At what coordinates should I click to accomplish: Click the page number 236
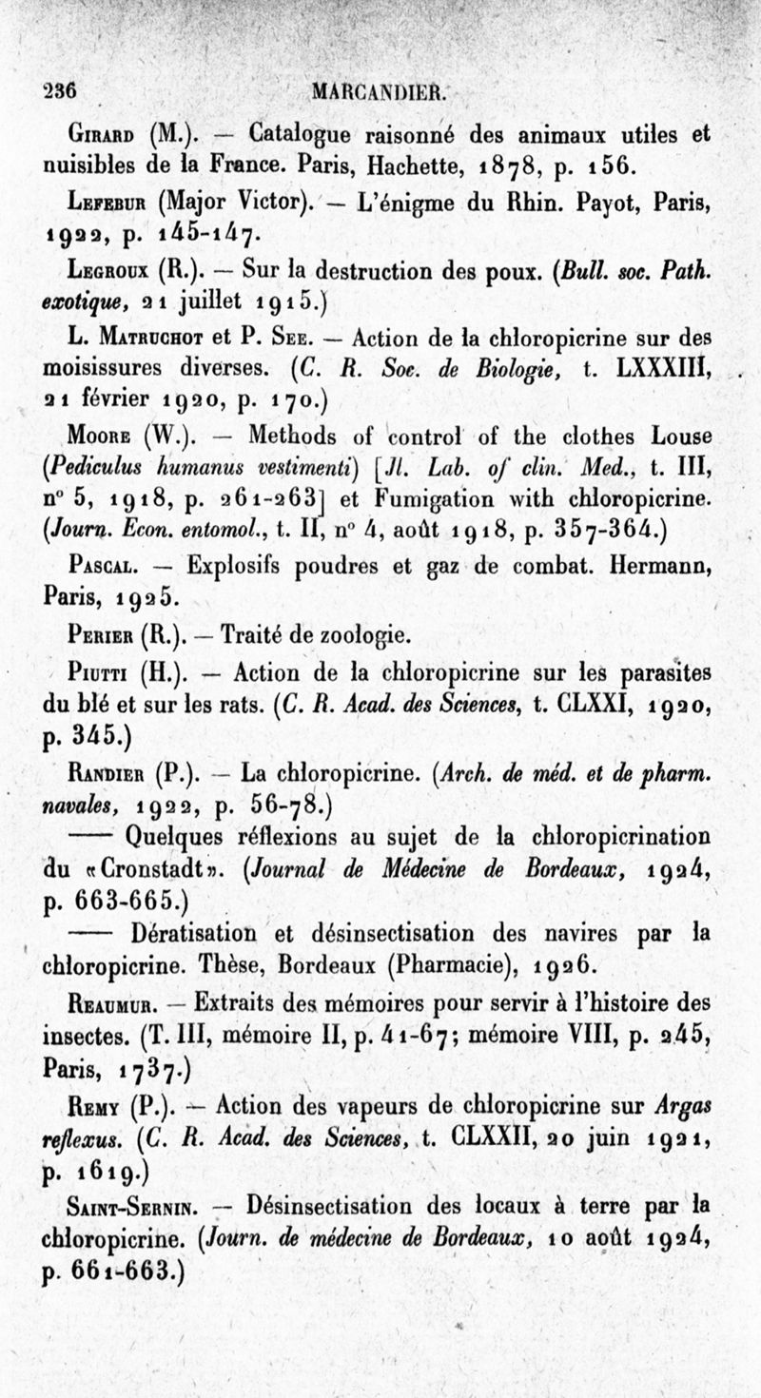tap(59, 91)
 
